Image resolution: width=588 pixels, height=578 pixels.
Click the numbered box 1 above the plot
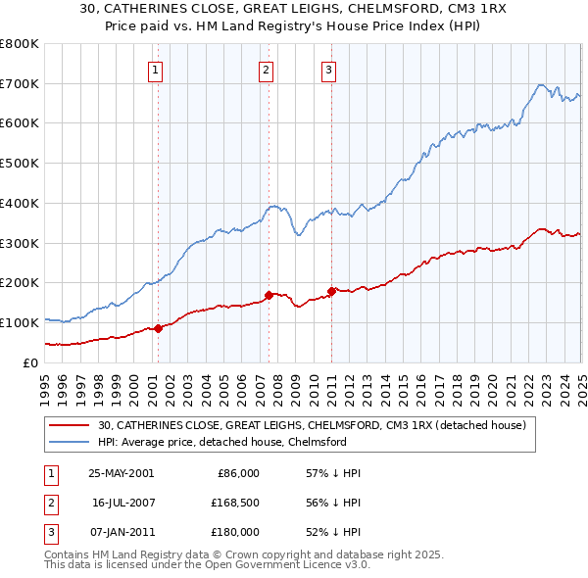click(157, 70)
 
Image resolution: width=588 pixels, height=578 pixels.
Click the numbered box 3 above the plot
click(328, 70)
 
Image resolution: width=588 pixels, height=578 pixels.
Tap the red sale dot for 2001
click(158, 328)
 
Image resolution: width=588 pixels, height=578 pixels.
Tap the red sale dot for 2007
click(269, 295)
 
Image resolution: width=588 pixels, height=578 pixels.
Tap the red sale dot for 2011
click(331, 290)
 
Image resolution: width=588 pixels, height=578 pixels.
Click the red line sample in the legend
click(71, 425)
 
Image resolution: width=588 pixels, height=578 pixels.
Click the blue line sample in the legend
click(71, 442)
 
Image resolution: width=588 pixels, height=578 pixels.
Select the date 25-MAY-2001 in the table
click(121, 473)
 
